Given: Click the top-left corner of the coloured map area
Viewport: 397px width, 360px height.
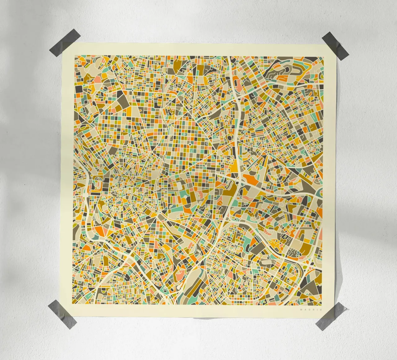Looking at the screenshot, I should tap(74, 56).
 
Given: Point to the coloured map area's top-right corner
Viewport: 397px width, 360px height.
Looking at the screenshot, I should tap(323, 56).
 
